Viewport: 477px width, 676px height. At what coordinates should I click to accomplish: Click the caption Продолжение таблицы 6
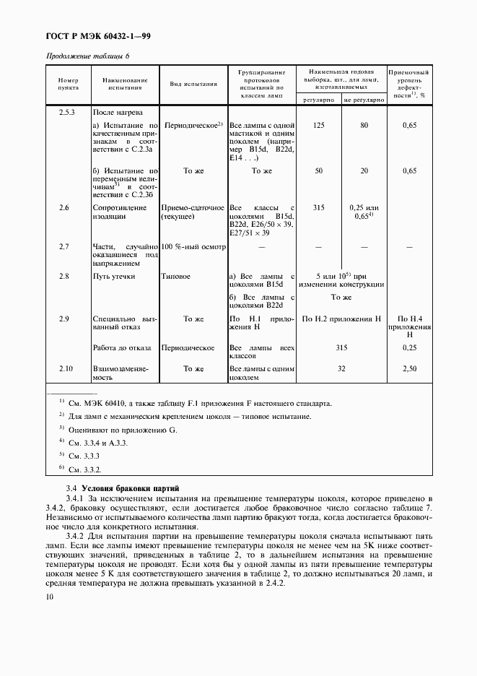tap(88, 56)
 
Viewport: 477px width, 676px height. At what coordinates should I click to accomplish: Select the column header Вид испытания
tap(193, 84)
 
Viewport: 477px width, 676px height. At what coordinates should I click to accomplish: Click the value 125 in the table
tap(318, 126)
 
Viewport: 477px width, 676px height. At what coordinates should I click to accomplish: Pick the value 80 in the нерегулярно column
tap(364, 126)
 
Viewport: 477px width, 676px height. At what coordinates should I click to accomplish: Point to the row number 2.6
tap(64, 207)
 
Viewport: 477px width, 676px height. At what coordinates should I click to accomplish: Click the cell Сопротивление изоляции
tap(113, 212)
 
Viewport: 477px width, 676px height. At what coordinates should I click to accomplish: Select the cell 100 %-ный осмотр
tap(193, 247)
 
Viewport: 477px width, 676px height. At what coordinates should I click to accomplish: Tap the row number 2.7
tap(64, 247)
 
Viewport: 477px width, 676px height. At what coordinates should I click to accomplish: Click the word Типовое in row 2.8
tap(177, 277)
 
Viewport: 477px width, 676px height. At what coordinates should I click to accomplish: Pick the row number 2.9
tap(64, 318)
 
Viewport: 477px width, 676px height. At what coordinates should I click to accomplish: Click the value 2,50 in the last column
tap(409, 369)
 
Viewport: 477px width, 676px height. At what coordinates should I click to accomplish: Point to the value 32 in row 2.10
tap(341, 369)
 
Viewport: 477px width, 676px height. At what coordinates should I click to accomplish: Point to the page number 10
tap(49, 597)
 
